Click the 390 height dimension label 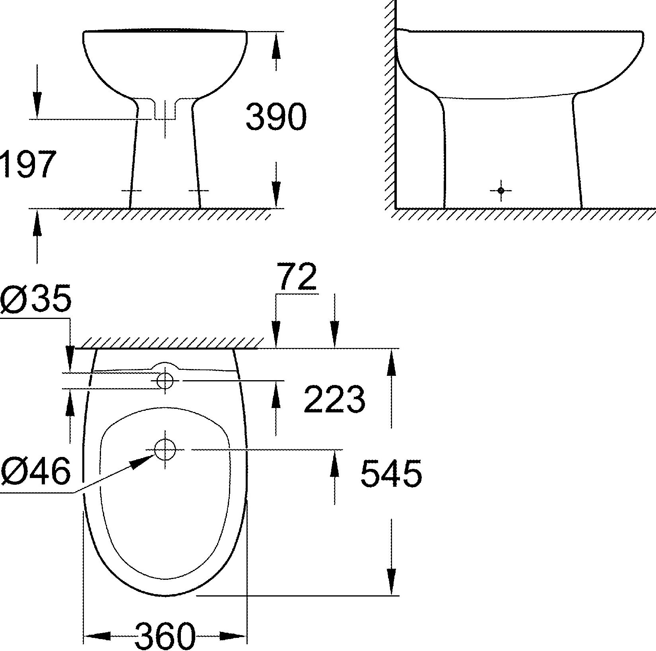[276, 117]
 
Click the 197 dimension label [27, 164]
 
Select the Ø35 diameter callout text [36, 299]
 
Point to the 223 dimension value [334, 399]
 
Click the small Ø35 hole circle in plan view [165, 381]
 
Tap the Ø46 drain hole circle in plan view [165, 450]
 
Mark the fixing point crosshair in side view [501, 190]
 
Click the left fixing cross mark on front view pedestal [131, 190]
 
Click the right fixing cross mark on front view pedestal [198, 190]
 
